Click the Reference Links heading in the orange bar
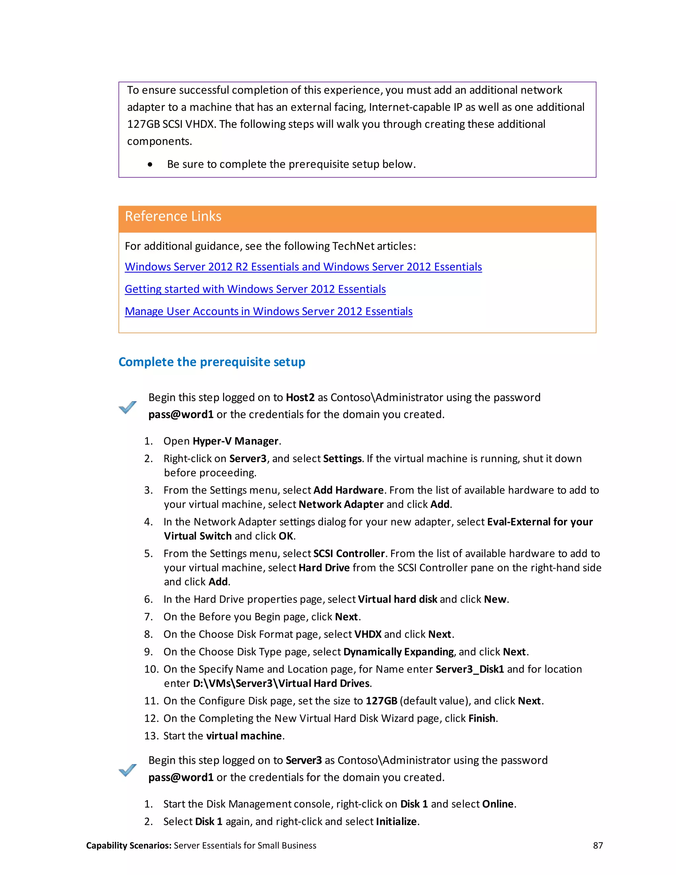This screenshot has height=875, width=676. pos(173,216)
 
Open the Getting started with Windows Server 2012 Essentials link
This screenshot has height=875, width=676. pos(255,289)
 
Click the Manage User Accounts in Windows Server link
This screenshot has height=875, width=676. pos(268,312)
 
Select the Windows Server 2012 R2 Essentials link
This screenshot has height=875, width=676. pos(303,267)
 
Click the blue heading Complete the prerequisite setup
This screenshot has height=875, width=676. pos(212,362)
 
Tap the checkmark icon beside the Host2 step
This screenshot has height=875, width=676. pos(128,407)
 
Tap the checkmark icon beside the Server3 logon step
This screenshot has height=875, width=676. pos(128,770)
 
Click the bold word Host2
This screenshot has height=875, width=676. pos(300,398)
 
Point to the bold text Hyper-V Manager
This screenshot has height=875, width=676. pos(235,441)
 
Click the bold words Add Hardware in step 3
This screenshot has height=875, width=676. pos(349,490)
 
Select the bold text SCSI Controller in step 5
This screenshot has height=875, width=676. pos(349,554)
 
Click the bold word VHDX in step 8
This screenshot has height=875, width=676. pos(368,634)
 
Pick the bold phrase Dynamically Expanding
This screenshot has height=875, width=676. pos(398,652)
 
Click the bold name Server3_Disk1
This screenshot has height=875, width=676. pos(469,670)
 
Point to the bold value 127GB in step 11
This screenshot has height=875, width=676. pos(381,701)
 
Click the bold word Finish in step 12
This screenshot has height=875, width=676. pos(482,719)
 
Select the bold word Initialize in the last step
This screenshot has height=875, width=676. pos(396,822)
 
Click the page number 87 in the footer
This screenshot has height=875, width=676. pos(597,846)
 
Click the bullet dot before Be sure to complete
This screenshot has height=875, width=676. pos(150,164)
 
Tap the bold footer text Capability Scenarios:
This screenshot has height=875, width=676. pos(128,846)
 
